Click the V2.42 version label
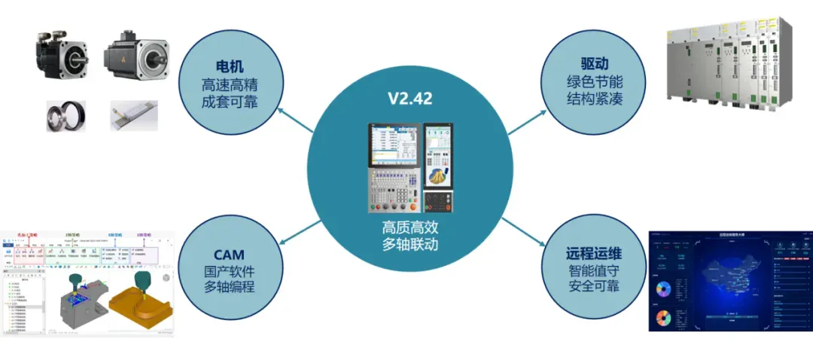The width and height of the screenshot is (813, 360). [x=410, y=99]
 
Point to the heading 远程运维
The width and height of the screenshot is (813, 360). [x=594, y=254]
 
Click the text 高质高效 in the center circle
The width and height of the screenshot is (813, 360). [x=410, y=227]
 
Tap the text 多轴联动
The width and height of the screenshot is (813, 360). [x=410, y=245]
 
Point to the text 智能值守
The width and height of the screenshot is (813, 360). [x=594, y=271]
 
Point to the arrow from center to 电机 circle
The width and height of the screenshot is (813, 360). [x=295, y=119]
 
